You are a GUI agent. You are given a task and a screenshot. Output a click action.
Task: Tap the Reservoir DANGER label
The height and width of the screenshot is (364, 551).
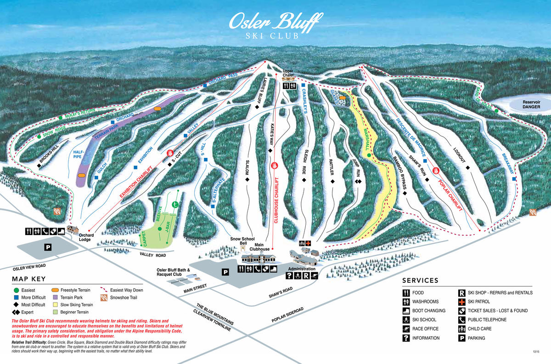pos(524,104)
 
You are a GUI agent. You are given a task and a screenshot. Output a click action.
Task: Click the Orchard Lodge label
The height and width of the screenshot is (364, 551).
pos(86,237)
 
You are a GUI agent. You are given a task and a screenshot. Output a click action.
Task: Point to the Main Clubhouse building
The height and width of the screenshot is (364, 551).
pos(260,258)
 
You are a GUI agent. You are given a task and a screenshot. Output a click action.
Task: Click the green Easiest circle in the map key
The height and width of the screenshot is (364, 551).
pos(17,290)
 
